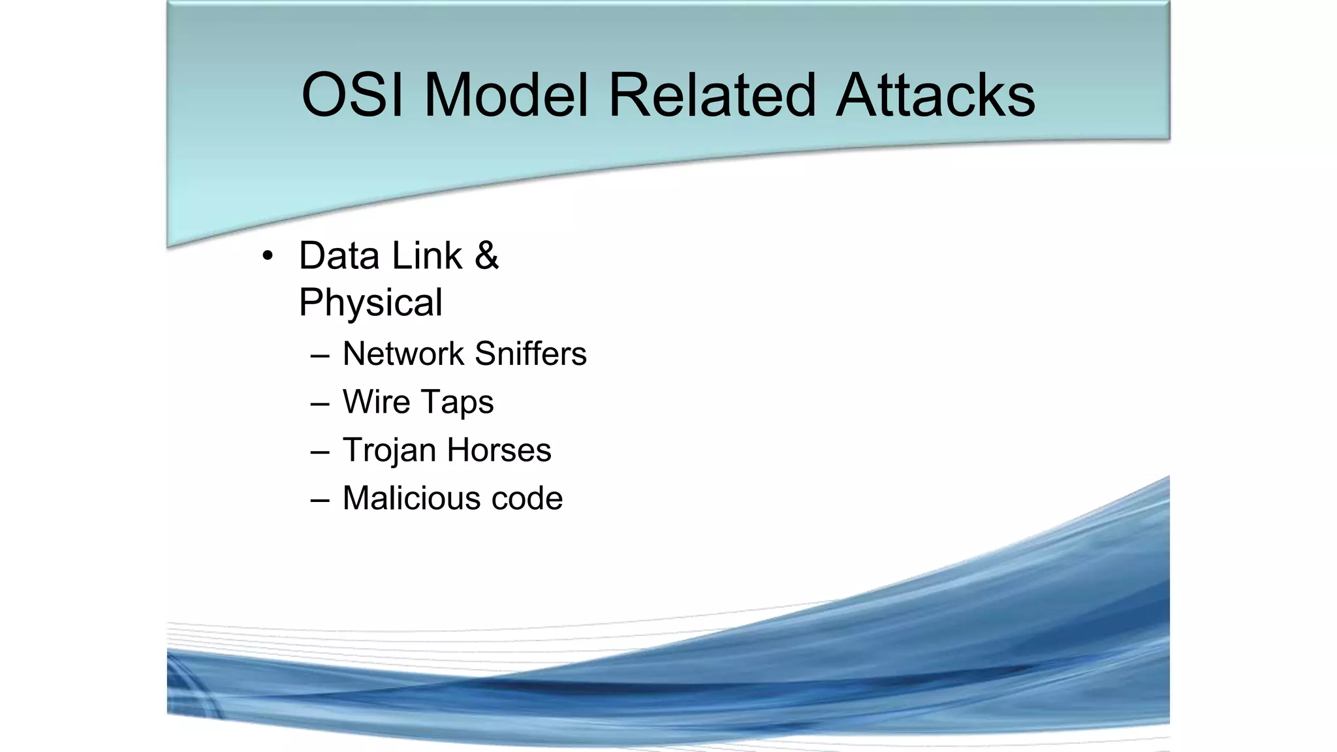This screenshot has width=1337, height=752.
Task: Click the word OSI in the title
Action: tap(353, 95)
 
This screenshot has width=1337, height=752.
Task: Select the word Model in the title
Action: tap(506, 95)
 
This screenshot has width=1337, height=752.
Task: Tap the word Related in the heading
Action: tap(712, 95)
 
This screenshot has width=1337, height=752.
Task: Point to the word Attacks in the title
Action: tap(935, 95)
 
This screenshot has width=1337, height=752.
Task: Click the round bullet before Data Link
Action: tap(267, 257)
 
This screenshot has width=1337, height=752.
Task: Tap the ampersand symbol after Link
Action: tap(486, 255)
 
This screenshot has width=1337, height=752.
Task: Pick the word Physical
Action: tap(370, 303)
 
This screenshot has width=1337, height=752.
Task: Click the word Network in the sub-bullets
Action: tap(403, 354)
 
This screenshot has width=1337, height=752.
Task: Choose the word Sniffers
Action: tap(530, 354)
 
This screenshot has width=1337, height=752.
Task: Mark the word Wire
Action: tap(375, 401)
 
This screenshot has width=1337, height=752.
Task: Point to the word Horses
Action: tap(499, 450)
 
